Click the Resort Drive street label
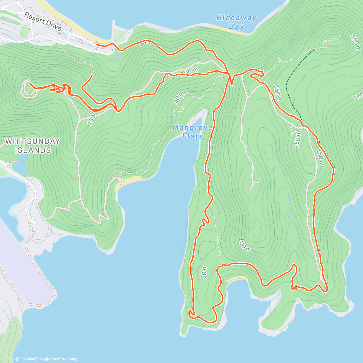pyautogui.click(x=43, y=21)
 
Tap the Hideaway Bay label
pyautogui.click(x=236, y=22)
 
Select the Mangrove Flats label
pyautogui.click(x=193, y=132)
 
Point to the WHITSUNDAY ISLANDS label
pyautogui.click(x=33, y=146)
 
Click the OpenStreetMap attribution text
pyautogui.click(x=63, y=359)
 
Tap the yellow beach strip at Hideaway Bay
pyautogui.click(x=230, y=29)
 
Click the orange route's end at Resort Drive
pyautogui.click(x=96, y=45)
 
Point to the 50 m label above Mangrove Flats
pyautogui.click(x=179, y=97)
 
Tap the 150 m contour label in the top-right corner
pyautogui.click(x=355, y=42)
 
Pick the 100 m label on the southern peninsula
pyautogui.click(x=244, y=245)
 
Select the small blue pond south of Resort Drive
pyautogui.click(x=117, y=57)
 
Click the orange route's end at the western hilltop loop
pyautogui.click(x=29, y=81)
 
